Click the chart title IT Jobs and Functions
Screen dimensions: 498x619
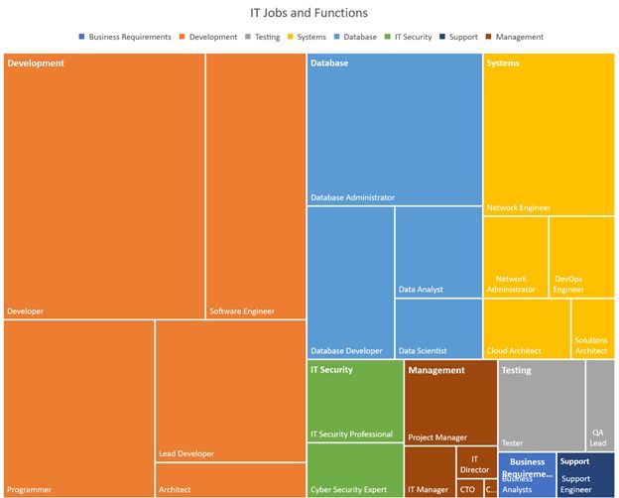309,13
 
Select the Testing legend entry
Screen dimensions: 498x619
267,37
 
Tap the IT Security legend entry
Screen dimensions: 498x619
413,37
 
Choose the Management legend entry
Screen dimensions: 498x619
519,37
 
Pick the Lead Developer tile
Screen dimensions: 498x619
230,391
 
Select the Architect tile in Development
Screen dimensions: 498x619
230,479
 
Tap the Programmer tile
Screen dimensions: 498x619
78,408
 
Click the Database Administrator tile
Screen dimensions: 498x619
394,129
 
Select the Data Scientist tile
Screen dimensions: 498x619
437,328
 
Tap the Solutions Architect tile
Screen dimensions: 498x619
592,328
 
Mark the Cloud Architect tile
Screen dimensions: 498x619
526,328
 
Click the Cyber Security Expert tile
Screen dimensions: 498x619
354,470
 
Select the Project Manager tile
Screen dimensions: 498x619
450,402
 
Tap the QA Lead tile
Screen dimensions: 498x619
599,405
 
